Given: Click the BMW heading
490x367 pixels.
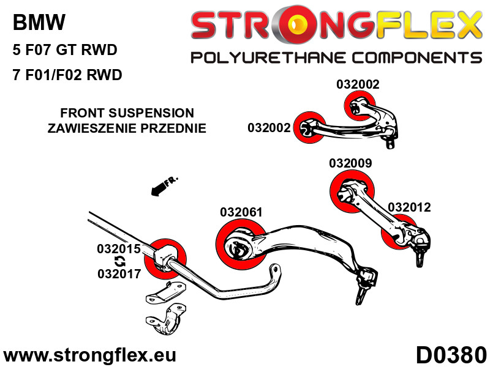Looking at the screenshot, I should click(39, 23).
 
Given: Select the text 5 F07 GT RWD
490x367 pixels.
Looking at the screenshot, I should click(65, 50).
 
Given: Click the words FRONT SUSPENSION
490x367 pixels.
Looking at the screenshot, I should click(127, 113).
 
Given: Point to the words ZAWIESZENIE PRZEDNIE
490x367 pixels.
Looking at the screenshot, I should click(127, 128).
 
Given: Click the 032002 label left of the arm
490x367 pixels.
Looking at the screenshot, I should click(269, 128).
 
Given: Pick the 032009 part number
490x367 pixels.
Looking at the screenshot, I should click(350, 163).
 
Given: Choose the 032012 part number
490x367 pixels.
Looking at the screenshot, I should click(409, 207).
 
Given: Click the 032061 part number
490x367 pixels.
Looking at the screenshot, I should click(241, 212).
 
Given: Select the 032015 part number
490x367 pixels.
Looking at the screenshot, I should click(119, 249).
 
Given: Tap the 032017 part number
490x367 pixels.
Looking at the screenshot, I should click(119, 274).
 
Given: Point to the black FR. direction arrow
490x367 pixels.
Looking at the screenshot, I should click(163, 185).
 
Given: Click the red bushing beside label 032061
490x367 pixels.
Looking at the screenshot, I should click(239, 245).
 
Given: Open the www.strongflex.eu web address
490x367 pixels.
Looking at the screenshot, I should click(89, 355).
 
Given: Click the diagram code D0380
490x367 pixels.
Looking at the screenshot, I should click(451, 354).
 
